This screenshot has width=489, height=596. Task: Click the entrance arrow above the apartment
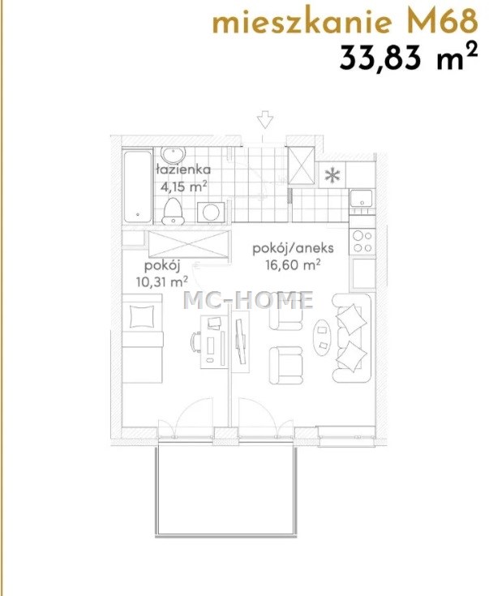(265, 119)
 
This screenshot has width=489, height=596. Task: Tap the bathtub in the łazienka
(137, 186)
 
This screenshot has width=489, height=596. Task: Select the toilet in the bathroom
(173, 212)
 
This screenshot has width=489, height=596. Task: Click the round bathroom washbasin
(173, 155)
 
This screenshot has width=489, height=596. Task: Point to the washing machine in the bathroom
(211, 212)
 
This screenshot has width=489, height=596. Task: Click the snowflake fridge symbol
(332, 175)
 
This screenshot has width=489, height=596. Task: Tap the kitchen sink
(361, 198)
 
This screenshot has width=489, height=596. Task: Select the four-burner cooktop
(362, 242)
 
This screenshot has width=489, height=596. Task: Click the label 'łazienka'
(183, 169)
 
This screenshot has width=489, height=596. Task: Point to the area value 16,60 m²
(293, 264)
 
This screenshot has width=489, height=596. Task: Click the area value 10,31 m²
(162, 281)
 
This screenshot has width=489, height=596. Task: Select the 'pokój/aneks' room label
(294, 249)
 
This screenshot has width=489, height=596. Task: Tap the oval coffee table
(323, 337)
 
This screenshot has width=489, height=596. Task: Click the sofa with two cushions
(351, 338)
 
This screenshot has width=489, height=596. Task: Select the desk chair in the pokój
(195, 342)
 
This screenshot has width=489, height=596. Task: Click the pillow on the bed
(143, 316)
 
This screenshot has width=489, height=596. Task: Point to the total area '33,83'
(381, 58)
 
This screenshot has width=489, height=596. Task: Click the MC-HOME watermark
(249, 300)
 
